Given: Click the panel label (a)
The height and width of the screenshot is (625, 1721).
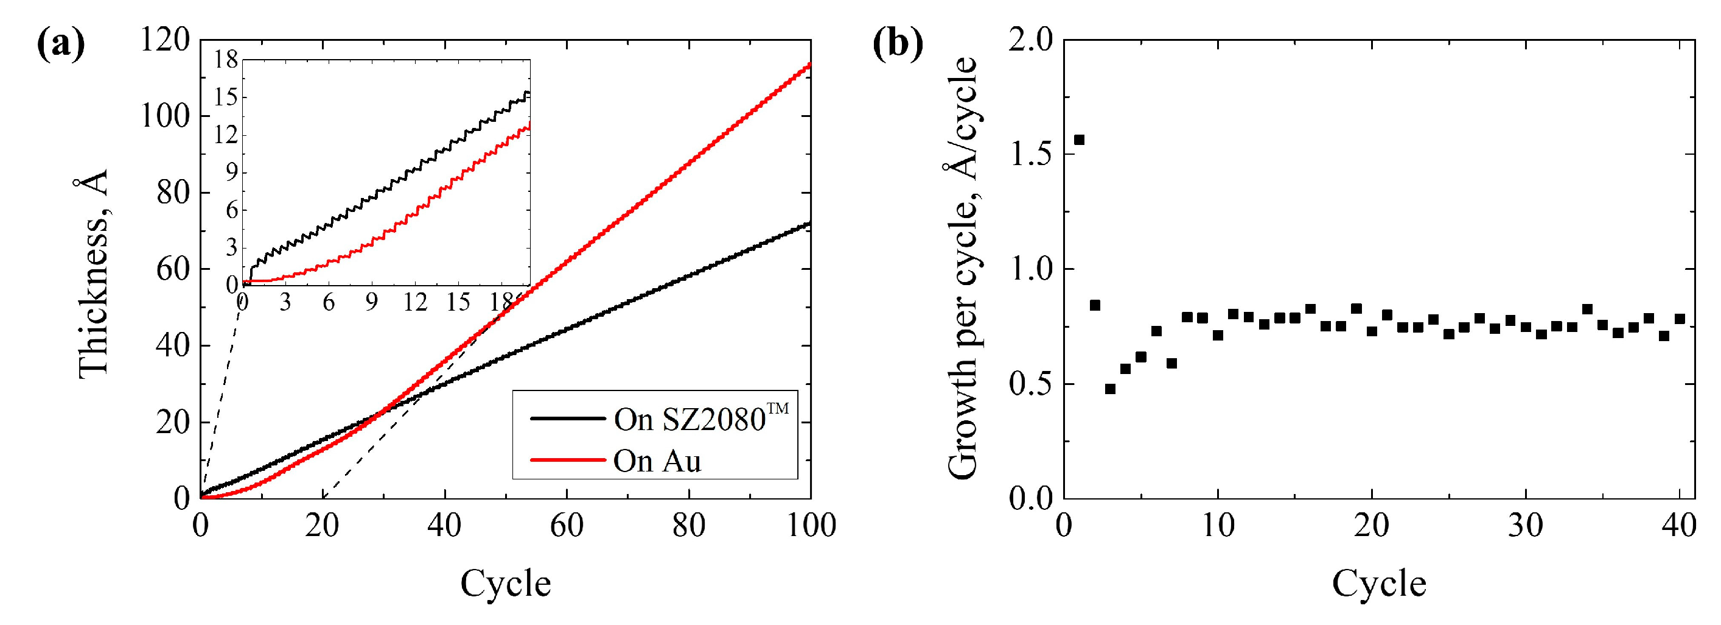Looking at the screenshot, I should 61,46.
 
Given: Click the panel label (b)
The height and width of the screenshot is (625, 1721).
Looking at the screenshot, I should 898,46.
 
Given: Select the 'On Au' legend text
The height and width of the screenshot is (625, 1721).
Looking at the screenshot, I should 657,461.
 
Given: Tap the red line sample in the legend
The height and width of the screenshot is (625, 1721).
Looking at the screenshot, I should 567,460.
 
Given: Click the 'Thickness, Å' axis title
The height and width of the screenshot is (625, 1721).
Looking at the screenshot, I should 93,274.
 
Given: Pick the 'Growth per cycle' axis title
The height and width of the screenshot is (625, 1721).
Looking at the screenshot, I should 962,267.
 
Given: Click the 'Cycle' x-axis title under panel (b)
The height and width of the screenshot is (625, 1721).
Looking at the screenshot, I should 1379,584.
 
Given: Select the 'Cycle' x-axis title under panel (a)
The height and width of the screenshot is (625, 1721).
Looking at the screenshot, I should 505,584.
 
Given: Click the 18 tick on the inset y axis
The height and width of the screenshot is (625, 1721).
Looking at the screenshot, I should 226,60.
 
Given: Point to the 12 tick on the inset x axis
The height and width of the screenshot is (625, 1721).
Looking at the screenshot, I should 414,303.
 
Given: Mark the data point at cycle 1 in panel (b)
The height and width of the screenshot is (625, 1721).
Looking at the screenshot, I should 1079,139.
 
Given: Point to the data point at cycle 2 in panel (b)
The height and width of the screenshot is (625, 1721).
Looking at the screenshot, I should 1094,305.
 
